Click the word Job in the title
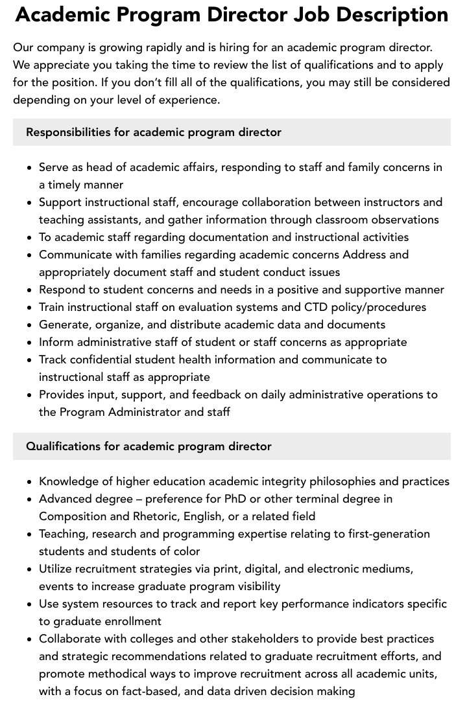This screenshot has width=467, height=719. [315, 14]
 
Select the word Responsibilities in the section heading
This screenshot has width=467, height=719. [68, 132]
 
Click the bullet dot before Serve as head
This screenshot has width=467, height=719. [29, 168]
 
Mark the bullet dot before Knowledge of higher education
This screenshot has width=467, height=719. [29, 482]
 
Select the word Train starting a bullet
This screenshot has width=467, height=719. [52, 307]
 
